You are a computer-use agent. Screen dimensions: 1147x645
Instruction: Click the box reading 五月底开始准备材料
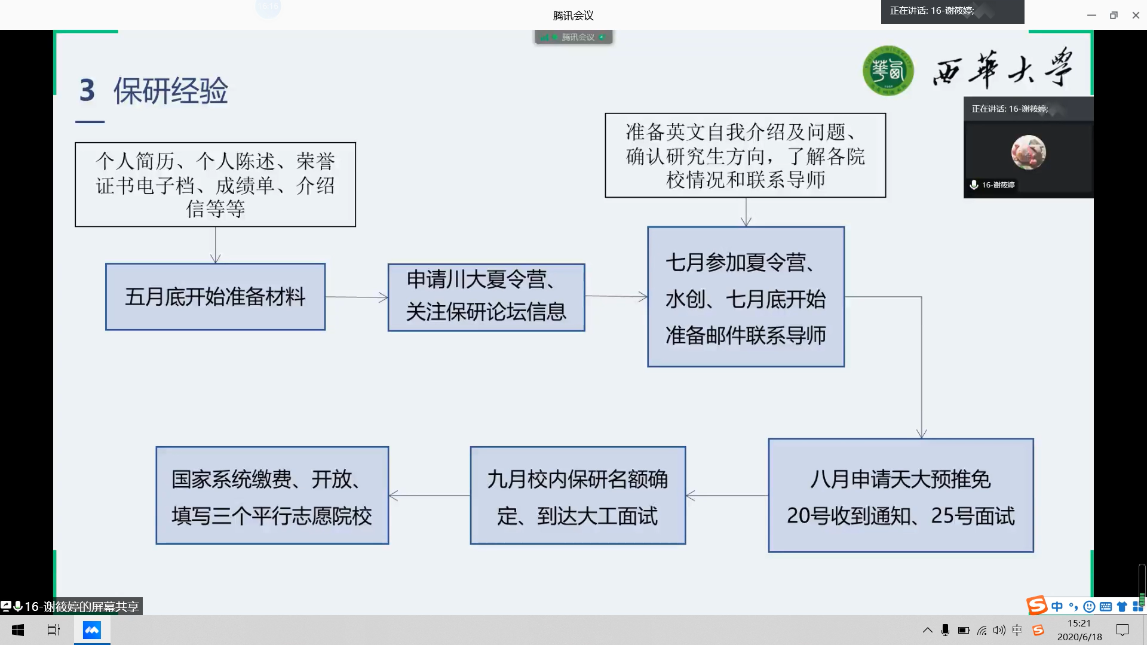click(215, 297)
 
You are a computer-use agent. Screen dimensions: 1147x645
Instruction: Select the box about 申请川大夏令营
click(486, 297)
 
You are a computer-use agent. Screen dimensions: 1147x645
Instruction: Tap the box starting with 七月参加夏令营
click(746, 297)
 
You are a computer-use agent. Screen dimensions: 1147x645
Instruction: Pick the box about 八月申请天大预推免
click(901, 496)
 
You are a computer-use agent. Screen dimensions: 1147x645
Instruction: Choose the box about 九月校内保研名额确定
click(578, 496)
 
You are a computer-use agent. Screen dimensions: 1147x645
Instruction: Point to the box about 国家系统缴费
click(272, 496)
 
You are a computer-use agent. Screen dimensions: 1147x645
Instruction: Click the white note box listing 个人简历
click(215, 185)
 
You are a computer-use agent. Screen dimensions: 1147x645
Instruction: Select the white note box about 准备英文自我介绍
click(746, 155)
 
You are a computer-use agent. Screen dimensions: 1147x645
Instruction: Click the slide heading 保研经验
click(171, 91)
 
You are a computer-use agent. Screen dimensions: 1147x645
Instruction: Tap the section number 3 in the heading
click(87, 90)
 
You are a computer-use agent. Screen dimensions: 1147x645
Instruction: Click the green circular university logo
click(888, 70)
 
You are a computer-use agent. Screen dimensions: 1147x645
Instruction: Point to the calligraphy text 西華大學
click(1004, 69)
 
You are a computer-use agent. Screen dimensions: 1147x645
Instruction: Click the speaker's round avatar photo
click(1028, 152)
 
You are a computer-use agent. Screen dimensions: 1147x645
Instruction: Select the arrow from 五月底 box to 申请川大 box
click(357, 297)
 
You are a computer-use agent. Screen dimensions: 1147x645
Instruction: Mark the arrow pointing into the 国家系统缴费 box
click(430, 496)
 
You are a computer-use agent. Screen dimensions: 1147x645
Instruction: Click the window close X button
click(1136, 16)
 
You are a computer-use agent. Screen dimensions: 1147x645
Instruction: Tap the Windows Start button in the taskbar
click(18, 630)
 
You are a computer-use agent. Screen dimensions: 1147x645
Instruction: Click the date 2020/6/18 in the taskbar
click(1079, 637)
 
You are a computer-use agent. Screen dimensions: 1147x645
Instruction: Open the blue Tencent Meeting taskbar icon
click(92, 630)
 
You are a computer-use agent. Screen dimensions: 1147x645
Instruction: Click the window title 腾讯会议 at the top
click(573, 16)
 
